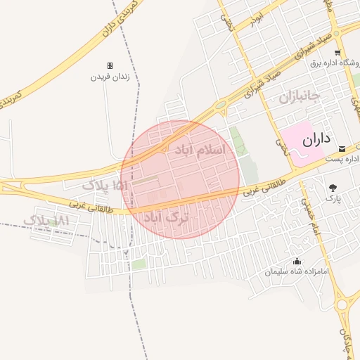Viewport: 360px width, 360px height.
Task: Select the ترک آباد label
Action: coord(167,218)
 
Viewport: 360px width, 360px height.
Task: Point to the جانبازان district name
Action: coord(299,96)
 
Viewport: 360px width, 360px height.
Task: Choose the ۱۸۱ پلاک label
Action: coord(48,221)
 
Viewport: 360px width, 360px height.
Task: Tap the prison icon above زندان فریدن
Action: coord(110,65)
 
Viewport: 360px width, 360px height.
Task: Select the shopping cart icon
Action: coord(337,53)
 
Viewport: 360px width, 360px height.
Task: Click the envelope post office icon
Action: coord(342,148)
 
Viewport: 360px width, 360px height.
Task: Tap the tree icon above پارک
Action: coord(333,187)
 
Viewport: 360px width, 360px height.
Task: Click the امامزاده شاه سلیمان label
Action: coord(296,271)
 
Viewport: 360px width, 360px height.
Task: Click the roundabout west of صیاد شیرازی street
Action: coord(221,106)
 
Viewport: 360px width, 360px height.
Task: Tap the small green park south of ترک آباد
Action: coord(139,264)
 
